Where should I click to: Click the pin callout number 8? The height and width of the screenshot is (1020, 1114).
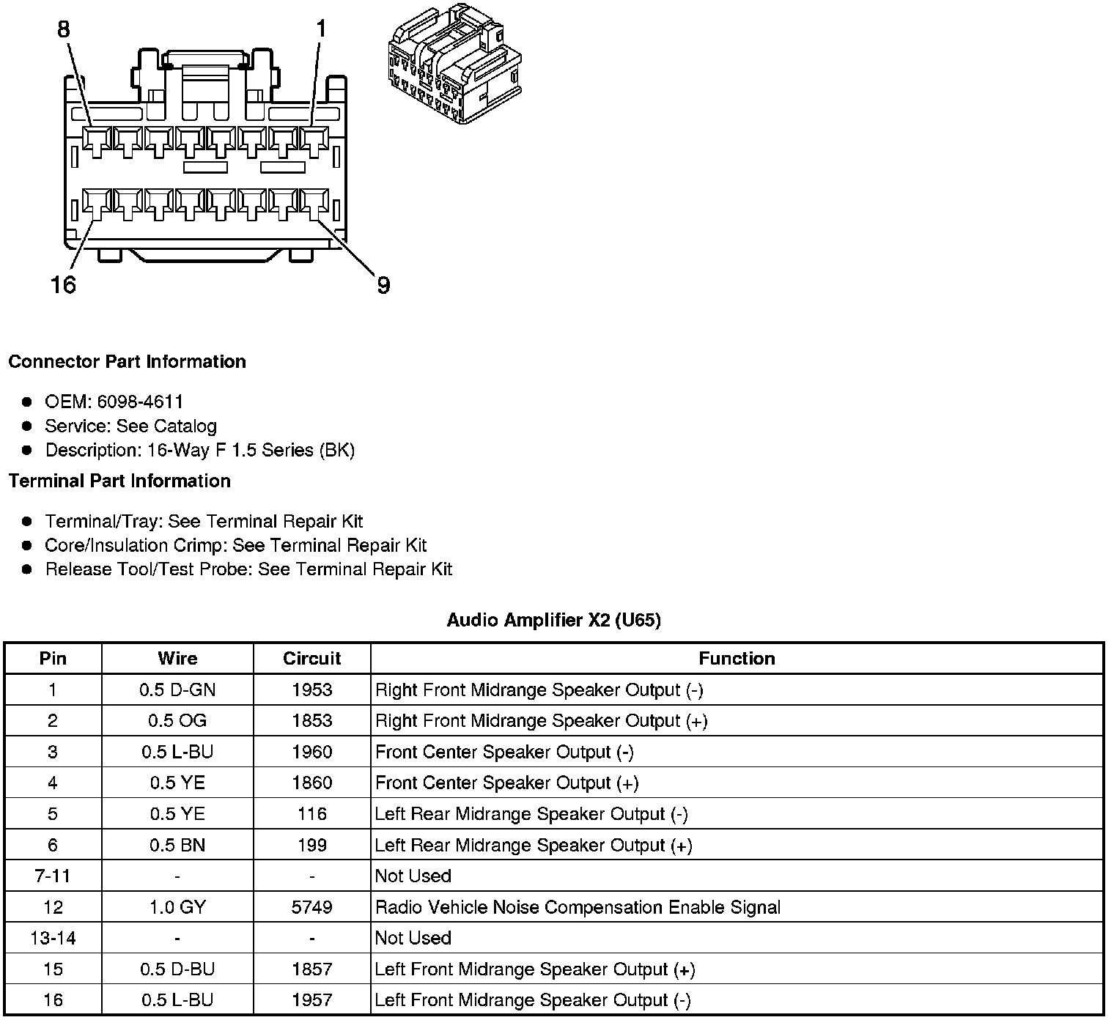[x=64, y=29]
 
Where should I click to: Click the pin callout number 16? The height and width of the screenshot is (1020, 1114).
[x=63, y=285]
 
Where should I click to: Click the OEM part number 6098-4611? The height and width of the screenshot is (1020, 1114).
[x=140, y=402]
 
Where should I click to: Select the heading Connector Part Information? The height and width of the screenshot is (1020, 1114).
[x=127, y=362]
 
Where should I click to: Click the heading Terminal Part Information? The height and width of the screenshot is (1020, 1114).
[x=119, y=481]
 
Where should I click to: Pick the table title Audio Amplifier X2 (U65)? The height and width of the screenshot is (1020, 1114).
[x=553, y=621]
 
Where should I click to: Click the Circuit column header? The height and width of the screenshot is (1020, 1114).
[x=311, y=659]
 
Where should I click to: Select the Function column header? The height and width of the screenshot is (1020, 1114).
[x=737, y=659]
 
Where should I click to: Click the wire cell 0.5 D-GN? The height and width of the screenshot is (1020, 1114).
[x=177, y=690]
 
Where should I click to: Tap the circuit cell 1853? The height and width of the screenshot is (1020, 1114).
[x=311, y=721]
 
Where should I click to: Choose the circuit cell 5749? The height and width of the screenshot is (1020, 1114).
[x=311, y=907]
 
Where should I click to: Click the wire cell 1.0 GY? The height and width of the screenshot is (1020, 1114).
[x=177, y=907]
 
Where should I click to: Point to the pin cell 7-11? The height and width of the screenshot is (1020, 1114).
[x=53, y=876]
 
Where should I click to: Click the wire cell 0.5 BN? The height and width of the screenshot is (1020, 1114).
[x=177, y=846]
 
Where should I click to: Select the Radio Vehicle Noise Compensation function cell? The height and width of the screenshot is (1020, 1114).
[x=578, y=907]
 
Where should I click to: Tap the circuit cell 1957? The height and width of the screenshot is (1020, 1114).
[x=311, y=1000]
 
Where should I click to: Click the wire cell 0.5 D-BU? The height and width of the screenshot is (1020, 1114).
[x=177, y=969]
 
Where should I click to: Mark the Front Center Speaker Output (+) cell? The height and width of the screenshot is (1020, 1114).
[x=506, y=783]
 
